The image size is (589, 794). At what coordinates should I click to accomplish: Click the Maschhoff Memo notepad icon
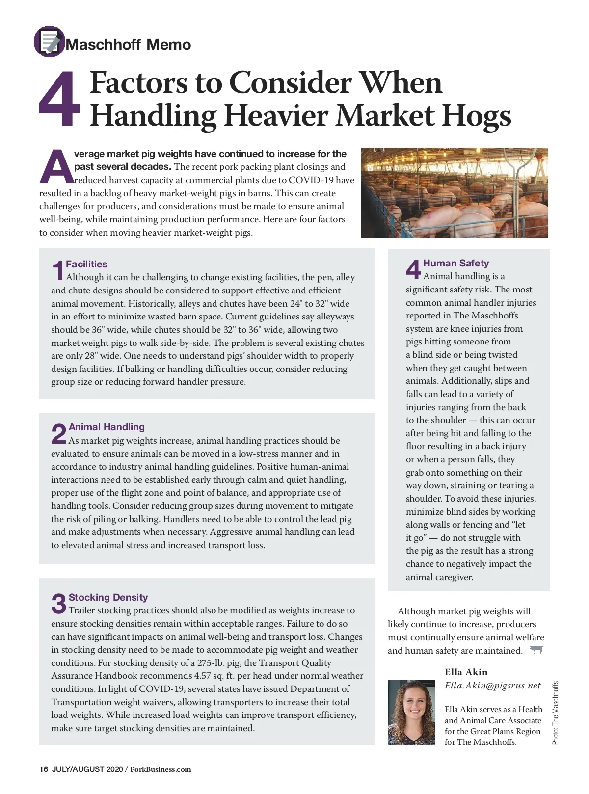[x=49, y=42]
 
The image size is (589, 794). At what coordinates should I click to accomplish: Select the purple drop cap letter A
[x=56, y=166]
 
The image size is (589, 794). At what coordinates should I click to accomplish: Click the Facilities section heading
[x=86, y=264]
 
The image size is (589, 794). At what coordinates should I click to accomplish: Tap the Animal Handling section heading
[x=107, y=427]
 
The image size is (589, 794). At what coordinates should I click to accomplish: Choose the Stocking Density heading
[x=108, y=597]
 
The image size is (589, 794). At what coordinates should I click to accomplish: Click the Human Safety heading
[x=455, y=263]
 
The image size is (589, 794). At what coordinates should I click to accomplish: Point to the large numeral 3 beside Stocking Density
[x=58, y=604]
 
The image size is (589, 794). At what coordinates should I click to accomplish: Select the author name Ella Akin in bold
[x=466, y=672]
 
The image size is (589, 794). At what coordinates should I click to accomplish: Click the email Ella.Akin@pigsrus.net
[x=492, y=686]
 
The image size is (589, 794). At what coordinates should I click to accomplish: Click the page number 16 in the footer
[x=44, y=769]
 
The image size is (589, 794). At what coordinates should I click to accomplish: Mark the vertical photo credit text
[x=555, y=713]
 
